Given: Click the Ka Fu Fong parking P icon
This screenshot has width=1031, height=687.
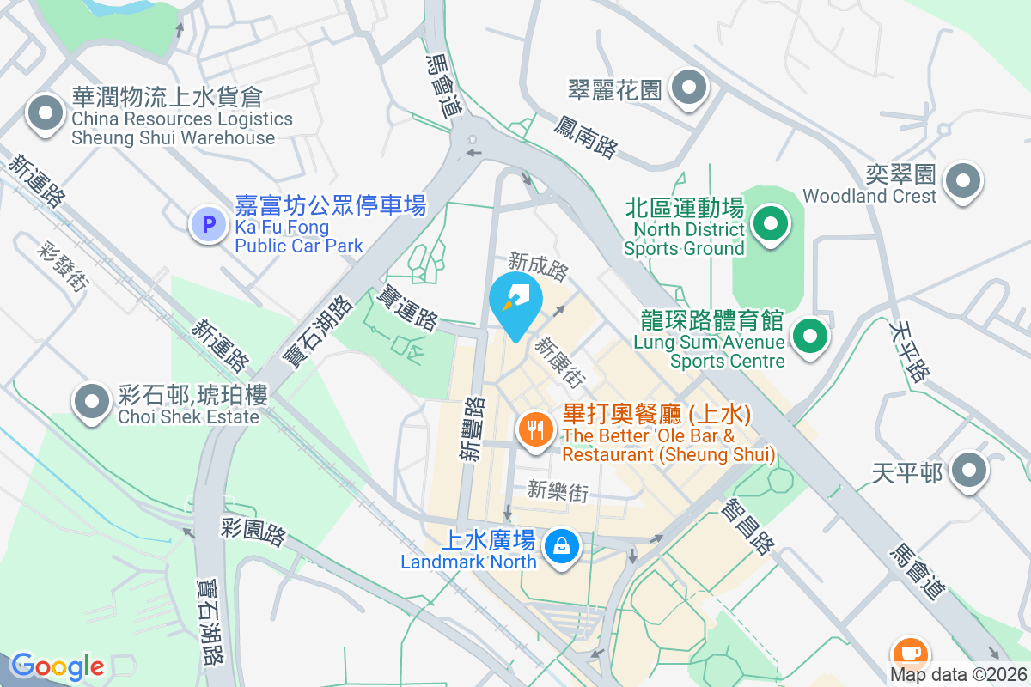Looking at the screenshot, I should click(207, 225).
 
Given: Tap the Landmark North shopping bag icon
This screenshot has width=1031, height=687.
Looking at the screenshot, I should click(561, 545).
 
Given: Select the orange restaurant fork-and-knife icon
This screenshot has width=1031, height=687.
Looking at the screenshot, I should click(537, 428).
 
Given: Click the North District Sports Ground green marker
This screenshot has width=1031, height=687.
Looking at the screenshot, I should click(771, 225).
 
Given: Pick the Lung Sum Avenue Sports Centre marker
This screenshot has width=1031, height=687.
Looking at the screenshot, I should click(809, 336).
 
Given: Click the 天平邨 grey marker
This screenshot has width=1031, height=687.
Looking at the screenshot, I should click(971, 470).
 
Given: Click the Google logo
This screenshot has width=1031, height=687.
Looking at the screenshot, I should click(58, 666).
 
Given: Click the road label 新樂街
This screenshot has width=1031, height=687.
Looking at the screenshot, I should click(558, 491).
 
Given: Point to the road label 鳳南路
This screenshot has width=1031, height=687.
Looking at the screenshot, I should click(585, 137).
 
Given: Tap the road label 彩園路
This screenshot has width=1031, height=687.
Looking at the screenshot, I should click(253, 533).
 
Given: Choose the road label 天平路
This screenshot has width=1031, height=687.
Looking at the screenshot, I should click(911, 352).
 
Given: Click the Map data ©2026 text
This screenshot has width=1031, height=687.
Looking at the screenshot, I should click(957, 674).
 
